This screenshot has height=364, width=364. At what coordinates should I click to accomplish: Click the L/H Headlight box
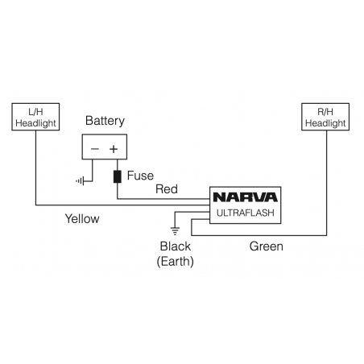pyautogui.click(x=36, y=117)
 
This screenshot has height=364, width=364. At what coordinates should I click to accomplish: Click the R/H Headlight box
pyautogui.click(x=326, y=117)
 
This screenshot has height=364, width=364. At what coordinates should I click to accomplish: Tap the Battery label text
pyautogui.click(x=105, y=122)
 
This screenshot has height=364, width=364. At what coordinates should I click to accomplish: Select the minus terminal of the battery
pyautogui.click(x=95, y=148)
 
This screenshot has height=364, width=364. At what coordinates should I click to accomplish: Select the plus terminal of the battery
pyautogui.click(x=114, y=148)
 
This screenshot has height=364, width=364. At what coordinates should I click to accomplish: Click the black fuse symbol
pyautogui.click(x=118, y=176)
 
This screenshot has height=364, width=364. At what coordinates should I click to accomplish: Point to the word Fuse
pyautogui.click(x=141, y=176)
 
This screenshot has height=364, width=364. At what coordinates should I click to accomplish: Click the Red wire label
pyautogui.click(x=167, y=190)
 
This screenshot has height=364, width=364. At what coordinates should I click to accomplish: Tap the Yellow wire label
pyautogui.click(x=82, y=218)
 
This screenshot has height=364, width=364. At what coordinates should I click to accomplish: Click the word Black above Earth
pyautogui.click(x=176, y=246)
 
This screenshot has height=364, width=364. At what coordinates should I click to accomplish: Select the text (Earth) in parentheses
pyautogui.click(x=176, y=261)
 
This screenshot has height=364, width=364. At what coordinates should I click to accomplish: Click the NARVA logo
pyautogui.click(x=245, y=197)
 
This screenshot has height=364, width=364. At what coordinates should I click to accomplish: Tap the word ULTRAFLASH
pyautogui.click(x=245, y=213)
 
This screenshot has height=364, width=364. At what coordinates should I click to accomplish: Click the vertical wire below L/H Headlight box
pyautogui.click(x=36, y=169)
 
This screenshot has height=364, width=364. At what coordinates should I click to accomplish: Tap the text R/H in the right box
pyautogui.click(x=326, y=112)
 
